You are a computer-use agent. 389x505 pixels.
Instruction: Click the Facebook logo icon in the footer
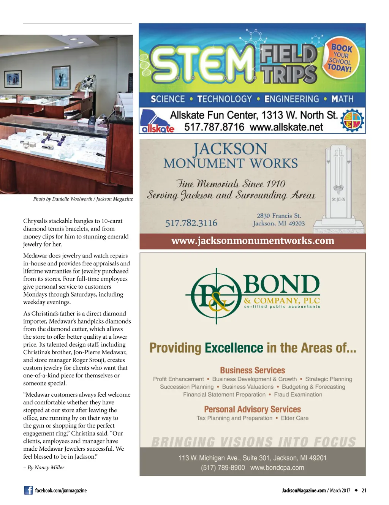tap(28, 490)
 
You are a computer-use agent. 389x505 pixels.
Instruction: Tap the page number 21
tap(364, 491)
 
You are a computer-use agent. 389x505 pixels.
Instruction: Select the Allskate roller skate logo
tap(157, 121)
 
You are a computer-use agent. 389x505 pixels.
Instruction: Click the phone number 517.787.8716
tap(214, 127)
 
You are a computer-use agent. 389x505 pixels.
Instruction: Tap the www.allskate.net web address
tap(286, 127)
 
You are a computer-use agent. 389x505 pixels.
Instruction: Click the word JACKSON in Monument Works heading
tap(230, 149)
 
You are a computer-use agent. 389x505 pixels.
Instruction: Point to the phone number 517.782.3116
tap(191, 223)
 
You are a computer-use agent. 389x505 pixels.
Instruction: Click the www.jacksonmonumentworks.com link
tap(253, 241)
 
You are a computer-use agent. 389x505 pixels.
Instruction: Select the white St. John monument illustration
tap(338, 188)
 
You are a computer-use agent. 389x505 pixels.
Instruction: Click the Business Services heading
tap(252, 370)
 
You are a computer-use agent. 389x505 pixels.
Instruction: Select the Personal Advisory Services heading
tap(252, 409)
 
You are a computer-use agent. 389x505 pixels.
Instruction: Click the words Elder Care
tap(294, 418)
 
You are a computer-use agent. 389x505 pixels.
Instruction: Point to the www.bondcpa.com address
tap(277, 468)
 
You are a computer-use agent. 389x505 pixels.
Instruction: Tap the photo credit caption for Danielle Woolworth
tap(83, 199)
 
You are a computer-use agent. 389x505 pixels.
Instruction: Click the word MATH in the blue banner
tap(342, 99)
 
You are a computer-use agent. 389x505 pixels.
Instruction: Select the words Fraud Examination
tap(298, 395)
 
